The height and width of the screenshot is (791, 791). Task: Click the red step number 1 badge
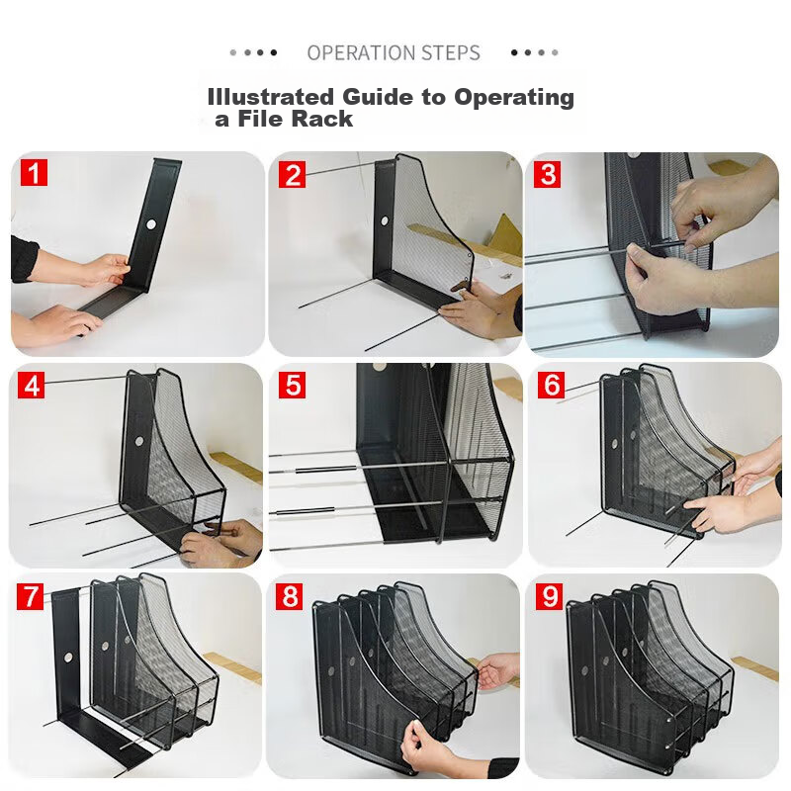click(x=35, y=175)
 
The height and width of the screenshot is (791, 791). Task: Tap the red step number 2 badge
click(x=292, y=175)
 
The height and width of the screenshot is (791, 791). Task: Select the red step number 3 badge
click(x=548, y=175)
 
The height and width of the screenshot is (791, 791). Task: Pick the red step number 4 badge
click(x=35, y=385)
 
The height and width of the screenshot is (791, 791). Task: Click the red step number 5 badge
click(x=292, y=385)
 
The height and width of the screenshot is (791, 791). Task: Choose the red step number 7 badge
click(x=35, y=596)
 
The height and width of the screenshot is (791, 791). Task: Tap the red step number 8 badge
click(x=292, y=596)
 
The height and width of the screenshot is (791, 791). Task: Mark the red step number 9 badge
click(x=549, y=596)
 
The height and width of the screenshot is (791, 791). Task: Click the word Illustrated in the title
click(x=271, y=97)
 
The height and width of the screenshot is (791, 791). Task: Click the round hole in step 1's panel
click(x=151, y=224)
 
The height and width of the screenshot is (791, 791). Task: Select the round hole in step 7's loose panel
click(x=67, y=657)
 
